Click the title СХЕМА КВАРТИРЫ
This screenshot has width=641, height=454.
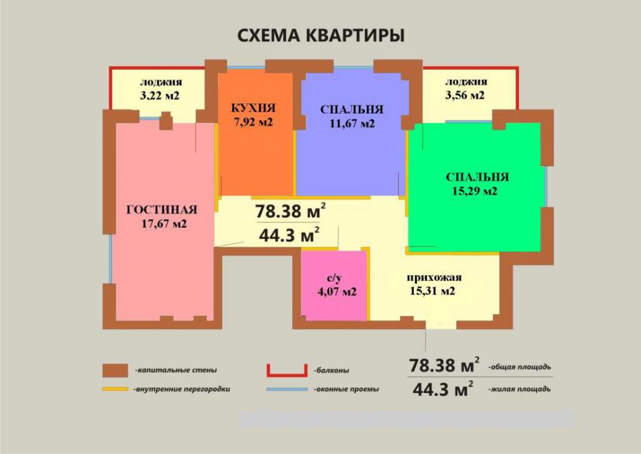click(x=321, y=36)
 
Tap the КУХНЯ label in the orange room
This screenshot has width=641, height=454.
click(x=253, y=108)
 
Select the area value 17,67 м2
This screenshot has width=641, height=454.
click(x=164, y=224)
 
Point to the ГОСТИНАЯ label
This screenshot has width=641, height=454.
click(x=162, y=209)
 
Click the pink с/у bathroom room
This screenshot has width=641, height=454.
click(x=333, y=285)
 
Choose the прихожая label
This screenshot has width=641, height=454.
click(x=434, y=278)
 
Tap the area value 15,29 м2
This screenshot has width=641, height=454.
click(x=474, y=191)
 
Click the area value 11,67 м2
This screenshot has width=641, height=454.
click(x=352, y=123)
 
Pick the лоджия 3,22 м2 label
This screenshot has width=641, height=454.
click(x=160, y=89)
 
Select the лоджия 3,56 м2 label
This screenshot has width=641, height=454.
click(x=466, y=89)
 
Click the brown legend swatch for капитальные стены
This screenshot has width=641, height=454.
click(x=115, y=370)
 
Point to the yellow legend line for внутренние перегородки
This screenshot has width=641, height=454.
click(x=115, y=389)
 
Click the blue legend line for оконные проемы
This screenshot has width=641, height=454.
click(x=287, y=389)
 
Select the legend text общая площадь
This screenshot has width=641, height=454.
click(x=520, y=367)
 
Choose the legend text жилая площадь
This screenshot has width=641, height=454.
click(x=520, y=389)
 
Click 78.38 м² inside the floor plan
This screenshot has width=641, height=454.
click(x=290, y=211)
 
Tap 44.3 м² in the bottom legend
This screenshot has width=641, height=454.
click(x=443, y=389)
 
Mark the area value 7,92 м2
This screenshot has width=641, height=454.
click(x=254, y=122)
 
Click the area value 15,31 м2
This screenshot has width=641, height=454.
click(x=432, y=291)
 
